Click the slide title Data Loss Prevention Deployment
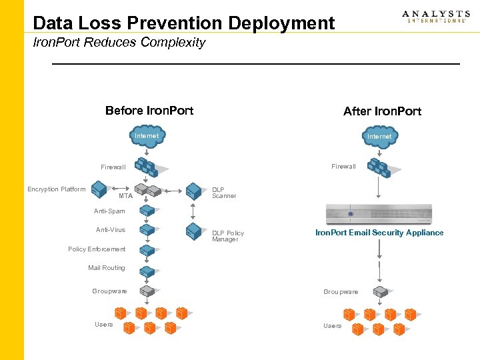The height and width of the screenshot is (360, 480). (x=183, y=23)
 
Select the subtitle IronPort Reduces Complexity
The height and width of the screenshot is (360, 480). (x=119, y=43)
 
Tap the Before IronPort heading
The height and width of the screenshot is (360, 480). (x=149, y=111)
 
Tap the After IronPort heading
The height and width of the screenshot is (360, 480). (x=382, y=111)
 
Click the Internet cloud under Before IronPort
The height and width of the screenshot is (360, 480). (x=147, y=136)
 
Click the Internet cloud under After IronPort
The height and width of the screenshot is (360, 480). (x=379, y=136)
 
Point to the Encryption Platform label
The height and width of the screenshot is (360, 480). (x=57, y=189)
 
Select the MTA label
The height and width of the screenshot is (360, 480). (x=125, y=196)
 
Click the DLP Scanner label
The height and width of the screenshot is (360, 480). (x=224, y=193)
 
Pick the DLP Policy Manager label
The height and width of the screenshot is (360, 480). (x=228, y=236)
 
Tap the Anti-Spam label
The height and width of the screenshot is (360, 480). (x=109, y=211)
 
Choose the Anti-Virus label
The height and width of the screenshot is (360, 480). (x=111, y=230)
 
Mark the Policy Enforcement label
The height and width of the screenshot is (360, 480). (x=97, y=249)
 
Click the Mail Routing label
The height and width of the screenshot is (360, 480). (x=107, y=268)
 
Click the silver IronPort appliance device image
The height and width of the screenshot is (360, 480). (x=379, y=214)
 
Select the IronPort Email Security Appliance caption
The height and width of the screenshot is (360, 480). (x=379, y=233)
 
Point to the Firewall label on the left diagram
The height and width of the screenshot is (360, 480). (x=113, y=167)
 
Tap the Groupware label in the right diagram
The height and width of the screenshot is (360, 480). (x=341, y=292)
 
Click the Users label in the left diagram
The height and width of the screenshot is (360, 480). (x=103, y=325)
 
